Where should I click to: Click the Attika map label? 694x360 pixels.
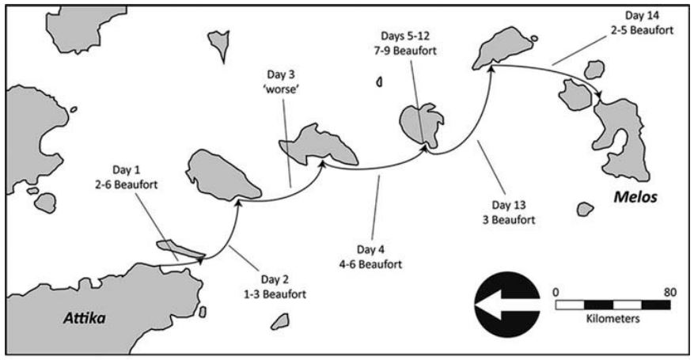pyautogui.click(x=85, y=318)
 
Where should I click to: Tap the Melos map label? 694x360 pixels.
pyautogui.click(x=635, y=197)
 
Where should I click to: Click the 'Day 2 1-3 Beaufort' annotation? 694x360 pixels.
pyautogui.click(x=275, y=286)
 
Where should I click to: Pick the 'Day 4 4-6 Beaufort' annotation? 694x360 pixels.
pyautogui.click(x=371, y=256)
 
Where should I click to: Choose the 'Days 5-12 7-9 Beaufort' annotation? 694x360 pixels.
pyautogui.click(x=404, y=44)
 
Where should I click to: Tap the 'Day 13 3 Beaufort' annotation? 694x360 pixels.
pyautogui.click(x=509, y=212)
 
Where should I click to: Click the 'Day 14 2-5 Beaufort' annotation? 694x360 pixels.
pyautogui.click(x=642, y=23)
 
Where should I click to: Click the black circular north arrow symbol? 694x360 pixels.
pyautogui.click(x=507, y=305)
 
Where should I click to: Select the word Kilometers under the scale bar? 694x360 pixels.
pyautogui.click(x=613, y=318)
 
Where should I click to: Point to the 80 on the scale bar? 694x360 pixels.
pyautogui.click(x=670, y=292)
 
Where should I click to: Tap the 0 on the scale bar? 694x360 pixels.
pyautogui.click(x=556, y=292)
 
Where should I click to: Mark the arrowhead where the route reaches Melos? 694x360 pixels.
pyautogui.click(x=600, y=96)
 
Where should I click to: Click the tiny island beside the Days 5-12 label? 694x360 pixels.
pyautogui.click(x=379, y=81)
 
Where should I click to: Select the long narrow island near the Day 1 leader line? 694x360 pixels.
pyautogui.click(x=180, y=249)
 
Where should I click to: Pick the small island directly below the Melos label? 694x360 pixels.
pyautogui.click(x=585, y=209)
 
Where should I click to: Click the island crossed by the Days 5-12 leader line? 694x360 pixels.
pyautogui.click(x=420, y=125)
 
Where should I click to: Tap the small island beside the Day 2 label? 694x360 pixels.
pyautogui.click(x=280, y=321)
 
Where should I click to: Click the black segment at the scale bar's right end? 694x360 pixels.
pyautogui.click(x=656, y=305)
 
